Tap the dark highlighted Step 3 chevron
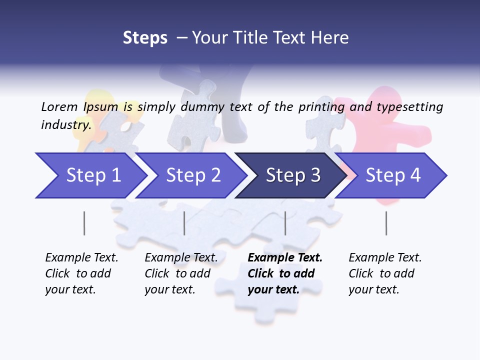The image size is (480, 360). coord(292,175)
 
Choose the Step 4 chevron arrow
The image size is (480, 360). coord(392,175)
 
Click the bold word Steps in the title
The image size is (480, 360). coord(145,37)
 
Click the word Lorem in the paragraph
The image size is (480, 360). coord(59,106)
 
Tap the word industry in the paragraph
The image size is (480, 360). coord(65,124)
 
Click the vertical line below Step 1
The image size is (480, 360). coord(84,223)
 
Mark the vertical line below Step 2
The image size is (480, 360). coord(184,223)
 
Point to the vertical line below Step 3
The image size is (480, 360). coord(285,223)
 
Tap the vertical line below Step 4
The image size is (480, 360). coord(386,223)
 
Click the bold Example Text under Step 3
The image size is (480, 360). coord(285,257)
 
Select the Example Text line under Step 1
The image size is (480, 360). coord(81,257)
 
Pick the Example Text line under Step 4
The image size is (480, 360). coord(385,257)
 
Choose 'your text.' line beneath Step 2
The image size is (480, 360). coord(169,289)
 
